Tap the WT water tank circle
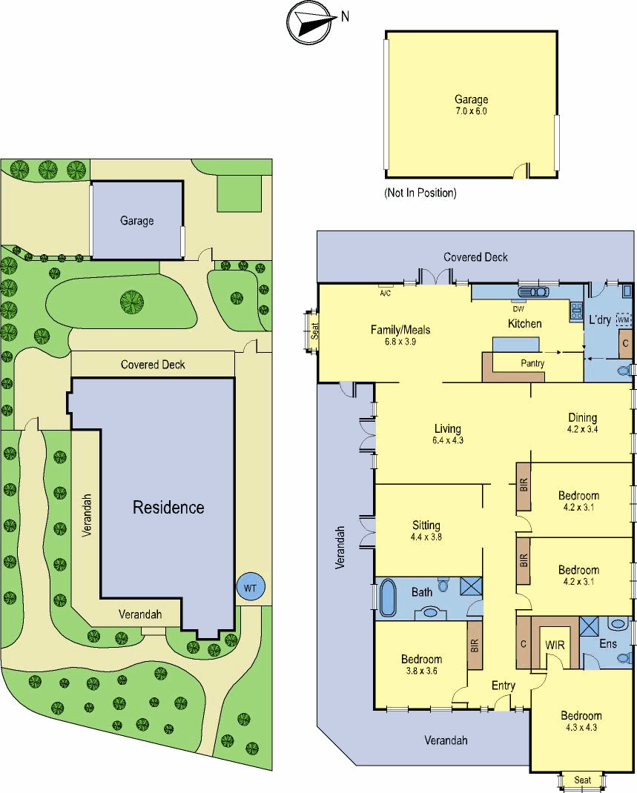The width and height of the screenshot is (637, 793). tap(250, 587)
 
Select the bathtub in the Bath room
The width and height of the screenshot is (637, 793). tap(388, 598)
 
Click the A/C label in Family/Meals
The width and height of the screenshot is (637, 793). tap(385, 293)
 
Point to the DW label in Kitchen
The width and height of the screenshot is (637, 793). tap(518, 308)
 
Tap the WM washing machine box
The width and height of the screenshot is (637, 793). tap(624, 319)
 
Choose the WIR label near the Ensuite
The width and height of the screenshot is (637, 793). tap(555, 645)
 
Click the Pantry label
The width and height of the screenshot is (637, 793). tap(532, 363)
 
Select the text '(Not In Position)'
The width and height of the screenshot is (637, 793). tap(420, 193)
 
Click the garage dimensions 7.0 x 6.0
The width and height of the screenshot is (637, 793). tap(471, 110)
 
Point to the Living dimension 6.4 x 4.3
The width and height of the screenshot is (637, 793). tap(448, 440)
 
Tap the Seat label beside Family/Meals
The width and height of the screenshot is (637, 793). tap(314, 331)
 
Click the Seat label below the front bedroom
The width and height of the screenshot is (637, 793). tap(582, 780)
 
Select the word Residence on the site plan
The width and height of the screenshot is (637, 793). tap(168, 507)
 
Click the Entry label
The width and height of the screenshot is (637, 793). tap(504, 686)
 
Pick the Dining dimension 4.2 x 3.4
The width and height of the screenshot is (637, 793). tap(582, 429)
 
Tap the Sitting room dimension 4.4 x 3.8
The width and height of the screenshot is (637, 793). tap(426, 537)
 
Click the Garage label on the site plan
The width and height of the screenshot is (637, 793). tap(136, 221)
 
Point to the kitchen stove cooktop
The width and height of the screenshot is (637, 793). tap(576, 310)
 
